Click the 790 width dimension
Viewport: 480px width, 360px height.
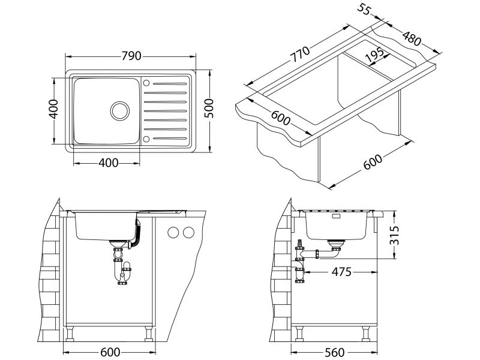[131, 56]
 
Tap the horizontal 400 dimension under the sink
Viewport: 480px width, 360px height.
[106, 162]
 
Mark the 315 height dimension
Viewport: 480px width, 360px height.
[404, 235]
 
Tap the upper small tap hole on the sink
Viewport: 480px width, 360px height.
[147, 81]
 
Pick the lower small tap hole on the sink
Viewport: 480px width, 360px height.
[147, 139]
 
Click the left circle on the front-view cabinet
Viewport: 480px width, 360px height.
[174, 232]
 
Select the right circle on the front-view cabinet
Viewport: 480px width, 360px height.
[189, 232]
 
